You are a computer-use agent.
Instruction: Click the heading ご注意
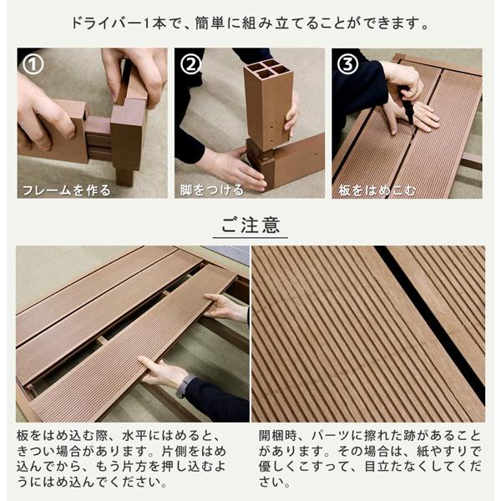click(x=250, y=225)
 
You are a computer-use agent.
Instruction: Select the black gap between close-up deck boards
click(x=426, y=317)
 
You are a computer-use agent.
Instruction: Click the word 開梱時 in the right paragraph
click(x=277, y=436)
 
